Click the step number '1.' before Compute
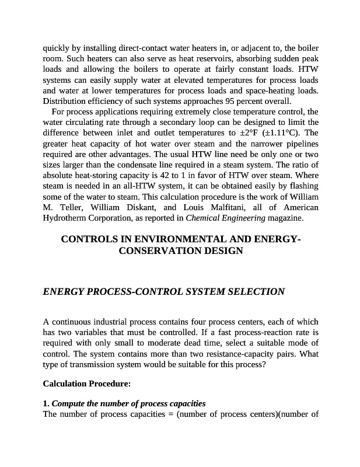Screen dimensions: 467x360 (46, 404)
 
